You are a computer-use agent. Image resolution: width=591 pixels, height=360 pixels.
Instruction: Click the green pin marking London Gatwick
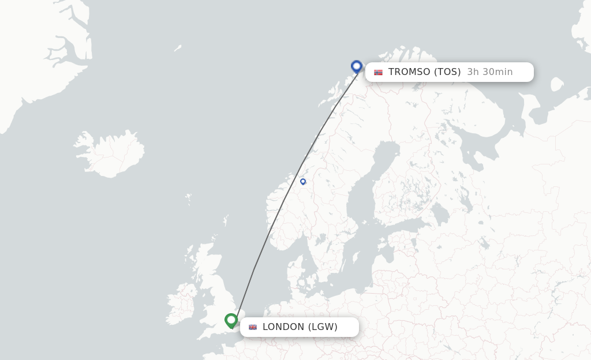(231, 320)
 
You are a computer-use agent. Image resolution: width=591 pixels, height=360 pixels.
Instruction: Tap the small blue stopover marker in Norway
(303, 182)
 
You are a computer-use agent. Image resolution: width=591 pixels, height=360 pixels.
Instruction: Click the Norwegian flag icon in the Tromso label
(378, 72)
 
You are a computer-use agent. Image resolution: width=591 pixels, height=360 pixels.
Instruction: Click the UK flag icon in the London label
(253, 327)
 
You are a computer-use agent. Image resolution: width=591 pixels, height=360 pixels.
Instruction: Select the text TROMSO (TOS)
(424, 72)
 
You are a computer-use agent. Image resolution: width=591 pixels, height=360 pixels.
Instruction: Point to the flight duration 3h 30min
(489, 72)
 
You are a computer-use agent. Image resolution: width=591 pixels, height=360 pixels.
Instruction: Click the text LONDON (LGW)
(300, 327)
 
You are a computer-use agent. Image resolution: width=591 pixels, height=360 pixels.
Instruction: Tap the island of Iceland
(110, 153)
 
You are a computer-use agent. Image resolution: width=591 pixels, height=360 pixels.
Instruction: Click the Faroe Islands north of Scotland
(188, 200)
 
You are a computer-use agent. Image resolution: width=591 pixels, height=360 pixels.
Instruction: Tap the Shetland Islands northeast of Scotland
(226, 221)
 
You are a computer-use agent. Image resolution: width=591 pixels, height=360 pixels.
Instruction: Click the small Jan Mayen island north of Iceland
(178, 48)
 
